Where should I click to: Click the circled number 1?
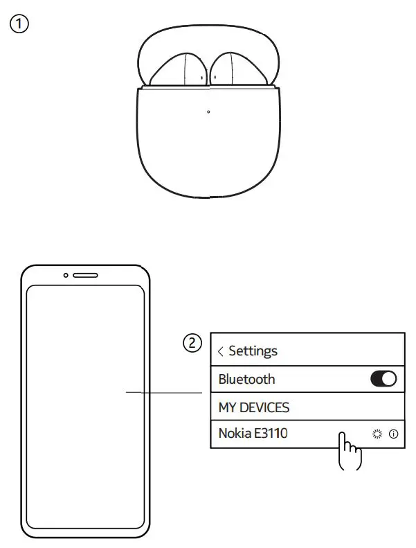[19, 24]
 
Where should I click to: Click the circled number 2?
[193, 342]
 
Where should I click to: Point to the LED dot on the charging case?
[208, 112]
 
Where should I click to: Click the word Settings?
[253, 351]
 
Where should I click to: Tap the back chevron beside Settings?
[221, 352]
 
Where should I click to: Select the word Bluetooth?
[246, 379]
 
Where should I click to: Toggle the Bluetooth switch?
[383, 379]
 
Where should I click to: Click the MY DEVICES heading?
[253, 407]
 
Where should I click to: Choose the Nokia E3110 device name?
[253, 434]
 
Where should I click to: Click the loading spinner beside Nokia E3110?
[377, 434]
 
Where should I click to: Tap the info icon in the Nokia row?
[394, 434]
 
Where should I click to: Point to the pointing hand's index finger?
[341, 439]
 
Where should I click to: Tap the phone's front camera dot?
[66, 275]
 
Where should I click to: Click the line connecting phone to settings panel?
[163, 394]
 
